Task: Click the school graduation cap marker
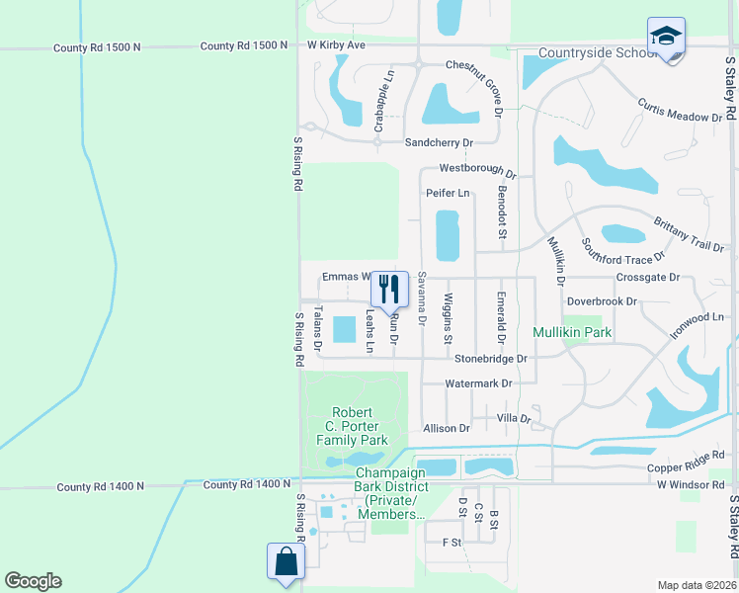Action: [x=666, y=37]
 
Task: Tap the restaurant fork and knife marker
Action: [x=389, y=289]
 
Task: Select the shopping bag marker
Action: [x=286, y=561]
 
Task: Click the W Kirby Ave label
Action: [x=336, y=45]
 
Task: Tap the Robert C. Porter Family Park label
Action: [x=352, y=426]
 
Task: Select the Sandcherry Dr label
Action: [x=440, y=142]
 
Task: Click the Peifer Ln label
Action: [x=447, y=193]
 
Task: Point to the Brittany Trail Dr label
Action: [x=689, y=234]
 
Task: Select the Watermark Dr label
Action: [x=478, y=382]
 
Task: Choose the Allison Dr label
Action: [x=446, y=428]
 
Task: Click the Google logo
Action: [x=33, y=581]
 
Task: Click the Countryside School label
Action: [x=597, y=52]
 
